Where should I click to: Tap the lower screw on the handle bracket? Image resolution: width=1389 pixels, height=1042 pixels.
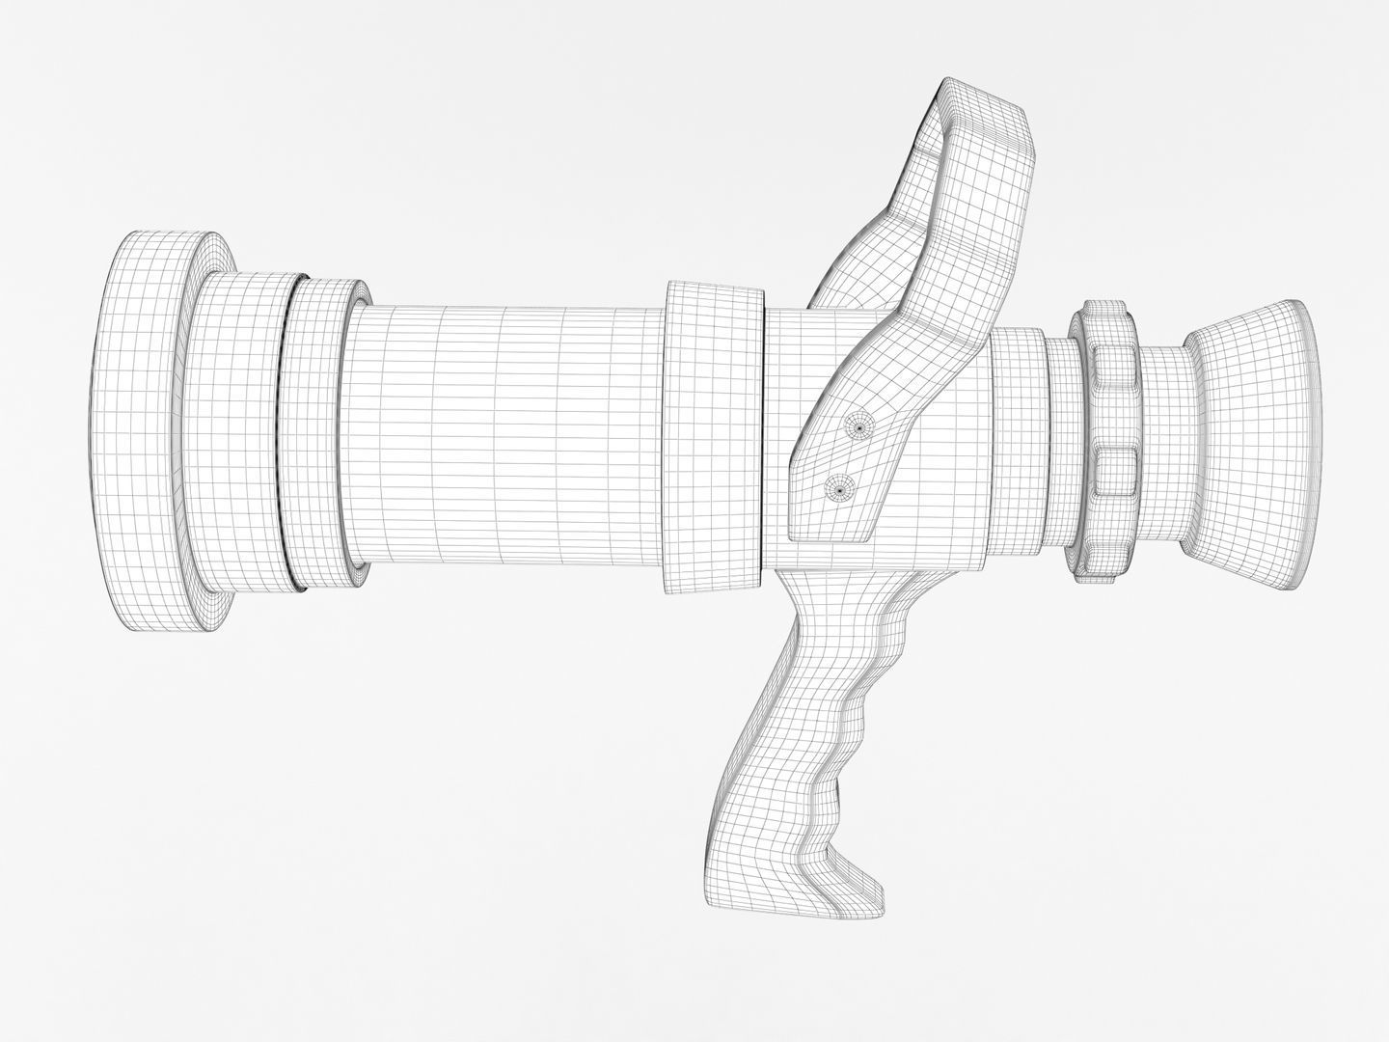839,490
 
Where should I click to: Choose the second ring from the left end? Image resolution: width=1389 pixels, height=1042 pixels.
241,434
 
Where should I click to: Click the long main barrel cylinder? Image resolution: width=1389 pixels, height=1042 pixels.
502,434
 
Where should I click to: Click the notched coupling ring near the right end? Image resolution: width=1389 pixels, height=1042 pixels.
1109,434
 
